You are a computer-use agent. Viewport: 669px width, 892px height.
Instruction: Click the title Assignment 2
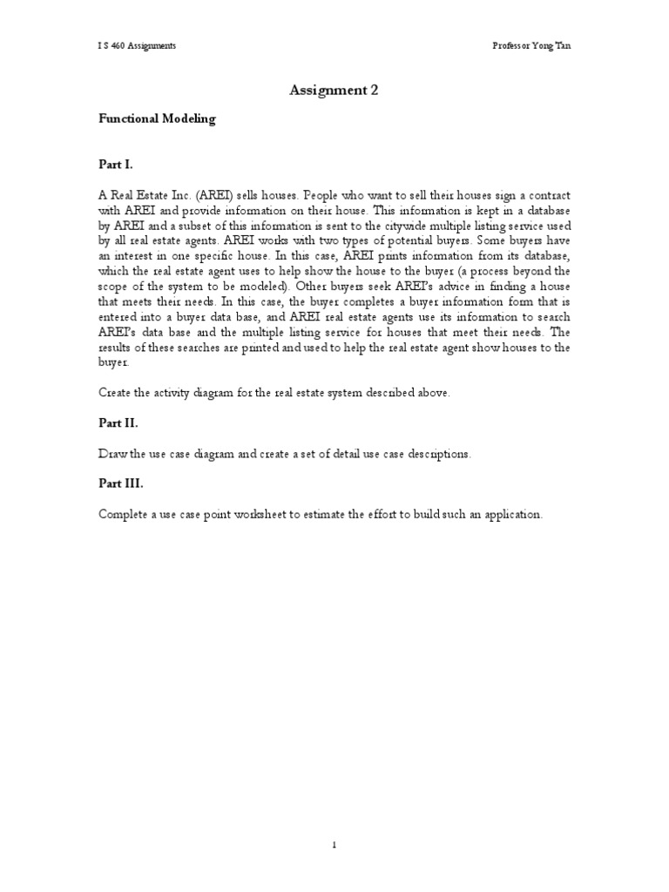tap(334, 90)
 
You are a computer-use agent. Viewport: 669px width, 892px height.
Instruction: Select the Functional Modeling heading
tap(157, 119)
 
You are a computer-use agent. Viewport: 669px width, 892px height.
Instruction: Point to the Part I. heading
tap(115, 163)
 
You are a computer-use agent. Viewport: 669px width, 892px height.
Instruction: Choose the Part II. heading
tap(118, 423)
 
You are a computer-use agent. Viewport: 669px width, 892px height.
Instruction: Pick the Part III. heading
tap(120, 483)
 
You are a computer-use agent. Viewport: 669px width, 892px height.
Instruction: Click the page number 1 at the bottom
tap(334, 844)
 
